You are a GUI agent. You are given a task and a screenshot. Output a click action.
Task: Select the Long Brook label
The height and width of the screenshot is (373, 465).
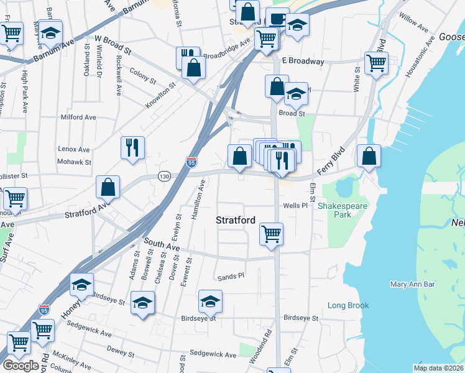click(348, 305)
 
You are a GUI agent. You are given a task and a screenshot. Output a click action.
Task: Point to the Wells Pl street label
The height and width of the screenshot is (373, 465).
click(295, 205)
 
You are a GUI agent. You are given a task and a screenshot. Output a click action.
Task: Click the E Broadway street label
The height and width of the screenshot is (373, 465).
click(303, 62)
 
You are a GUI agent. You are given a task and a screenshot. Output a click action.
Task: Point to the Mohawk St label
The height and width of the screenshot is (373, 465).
click(75, 162)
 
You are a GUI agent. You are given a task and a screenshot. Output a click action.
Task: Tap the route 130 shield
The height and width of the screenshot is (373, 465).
click(164, 176)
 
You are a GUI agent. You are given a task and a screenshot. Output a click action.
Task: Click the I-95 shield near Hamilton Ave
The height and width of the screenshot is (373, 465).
click(192, 162)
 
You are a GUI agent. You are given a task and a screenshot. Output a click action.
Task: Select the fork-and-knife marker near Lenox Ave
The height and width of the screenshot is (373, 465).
click(132, 148)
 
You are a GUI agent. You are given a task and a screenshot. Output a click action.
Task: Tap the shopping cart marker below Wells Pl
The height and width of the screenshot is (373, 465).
click(271, 234)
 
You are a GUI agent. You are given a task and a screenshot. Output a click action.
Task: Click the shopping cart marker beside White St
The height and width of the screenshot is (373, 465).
click(377, 63)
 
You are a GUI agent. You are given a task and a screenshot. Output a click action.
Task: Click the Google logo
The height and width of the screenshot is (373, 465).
click(21, 366)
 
